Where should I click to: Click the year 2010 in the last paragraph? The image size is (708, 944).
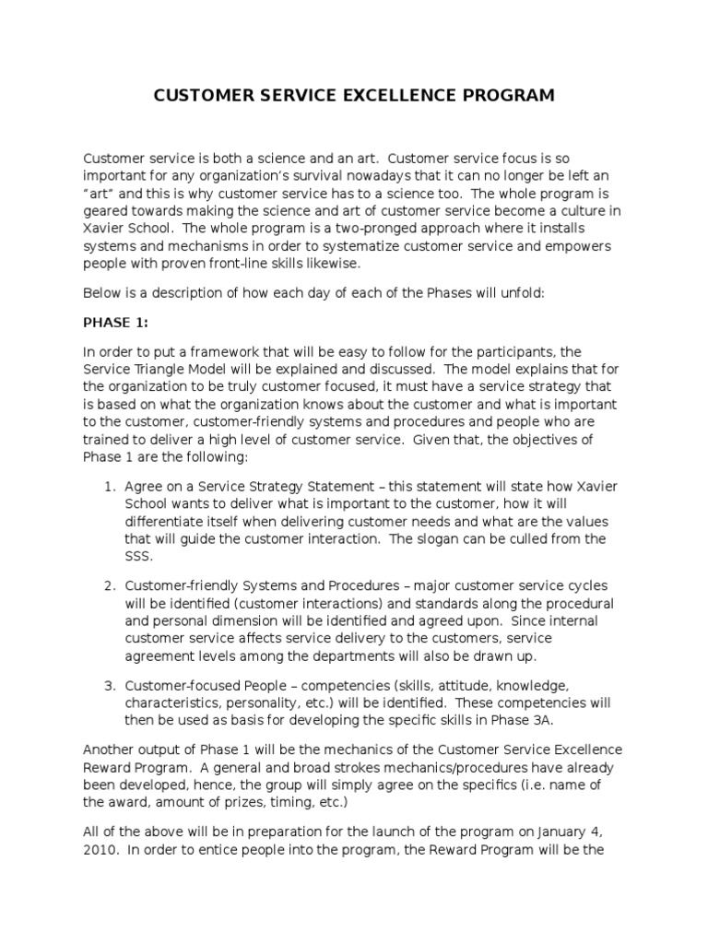(x=99, y=852)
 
